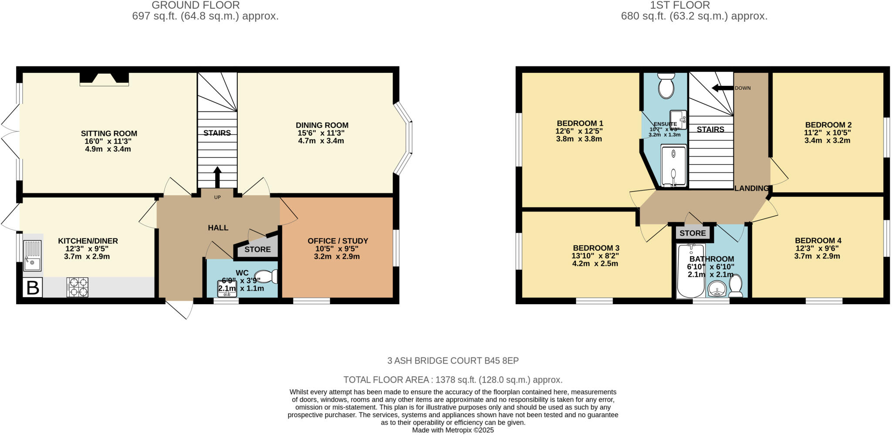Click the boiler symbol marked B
coord(32,288)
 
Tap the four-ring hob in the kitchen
coord(77,288)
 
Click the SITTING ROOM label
coord(109,134)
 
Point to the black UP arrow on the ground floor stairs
coord(217,177)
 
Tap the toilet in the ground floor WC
coord(267,276)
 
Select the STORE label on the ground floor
coord(257,250)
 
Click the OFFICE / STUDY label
coord(338,241)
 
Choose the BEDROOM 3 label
coord(596,248)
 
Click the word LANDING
coord(751,188)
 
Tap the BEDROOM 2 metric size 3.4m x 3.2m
coord(827,140)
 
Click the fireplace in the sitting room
coord(104,78)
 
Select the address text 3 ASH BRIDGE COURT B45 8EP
coord(453,361)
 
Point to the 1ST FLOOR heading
coord(679,5)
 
